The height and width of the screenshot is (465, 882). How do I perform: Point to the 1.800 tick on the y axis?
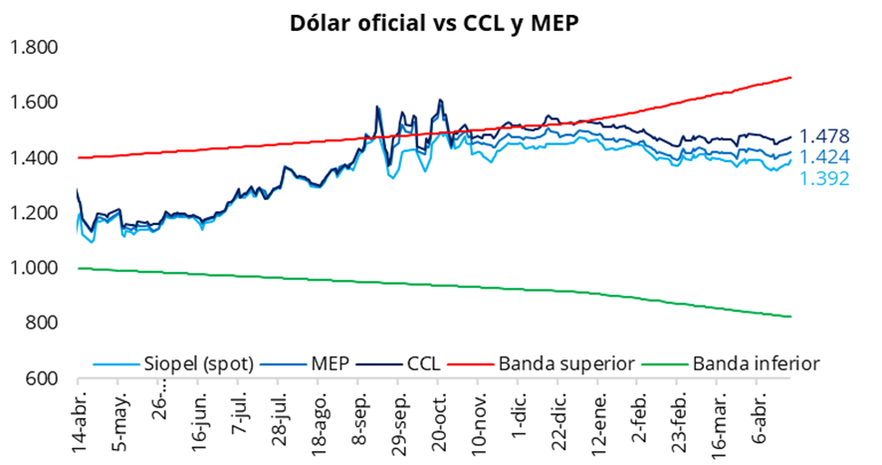(34, 48)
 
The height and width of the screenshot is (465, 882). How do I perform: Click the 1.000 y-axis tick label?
(34, 268)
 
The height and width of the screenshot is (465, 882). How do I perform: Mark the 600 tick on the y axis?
(43, 378)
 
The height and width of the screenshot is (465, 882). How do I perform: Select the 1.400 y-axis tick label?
(34, 157)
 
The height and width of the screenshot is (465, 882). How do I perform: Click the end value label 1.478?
(824, 136)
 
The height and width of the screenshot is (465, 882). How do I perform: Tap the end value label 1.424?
(824, 158)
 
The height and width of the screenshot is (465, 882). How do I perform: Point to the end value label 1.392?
(824, 180)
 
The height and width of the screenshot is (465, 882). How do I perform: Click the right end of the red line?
(790, 78)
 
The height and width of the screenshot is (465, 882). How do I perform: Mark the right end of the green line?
(790, 317)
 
